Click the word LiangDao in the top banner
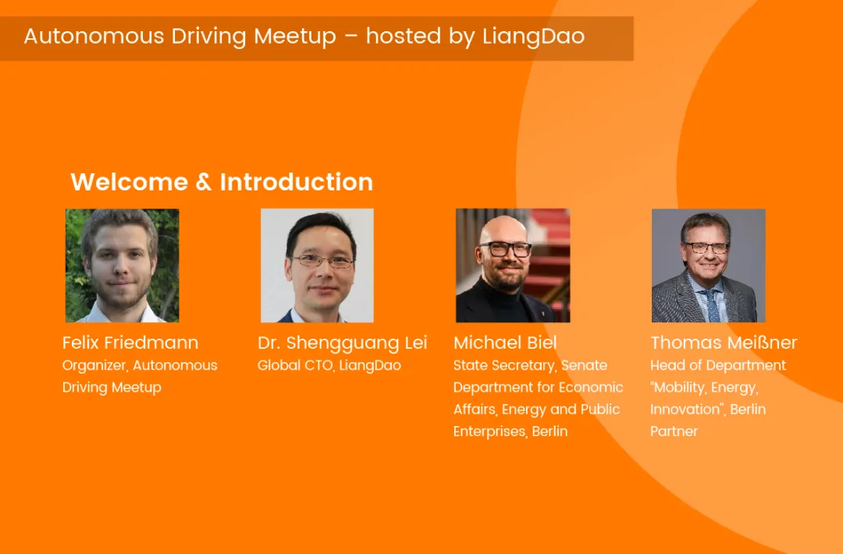[x=533, y=37]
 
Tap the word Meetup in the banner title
[x=294, y=37]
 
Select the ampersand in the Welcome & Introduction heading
[x=204, y=182]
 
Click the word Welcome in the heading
[x=129, y=182]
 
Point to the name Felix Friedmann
[x=130, y=343]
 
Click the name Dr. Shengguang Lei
[x=343, y=343]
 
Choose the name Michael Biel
[x=505, y=343]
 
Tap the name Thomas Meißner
[x=724, y=343]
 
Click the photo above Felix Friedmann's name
[x=122, y=265]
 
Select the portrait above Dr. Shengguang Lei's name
[x=317, y=265]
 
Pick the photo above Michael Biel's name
[x=513, y=265]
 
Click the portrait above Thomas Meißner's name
[x=708, y=265]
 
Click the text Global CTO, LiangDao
[x=329, y=365]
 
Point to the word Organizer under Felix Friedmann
[x=95, y=366]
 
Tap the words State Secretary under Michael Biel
[x=503, y=366]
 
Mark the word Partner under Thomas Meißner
[x=674, y=431]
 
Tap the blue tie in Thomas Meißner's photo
[x=713, y=305]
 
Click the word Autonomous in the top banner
[x=94, y=37]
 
